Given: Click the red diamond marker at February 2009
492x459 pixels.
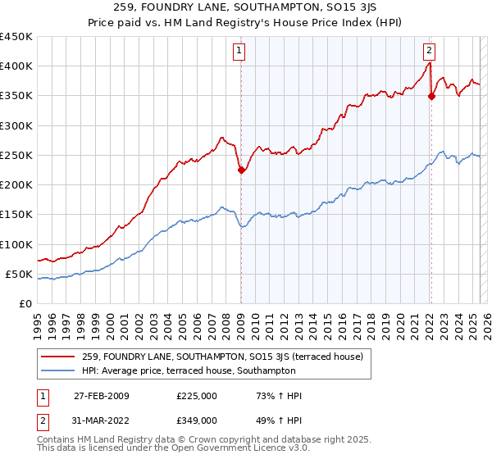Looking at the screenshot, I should click(241, 170).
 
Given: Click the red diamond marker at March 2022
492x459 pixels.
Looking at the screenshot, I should click(431, 97).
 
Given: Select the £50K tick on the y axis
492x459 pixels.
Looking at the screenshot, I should click(19, 274).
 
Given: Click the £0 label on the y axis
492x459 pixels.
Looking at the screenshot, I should click(25, 303).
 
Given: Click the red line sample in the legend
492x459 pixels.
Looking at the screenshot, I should click(58, 357).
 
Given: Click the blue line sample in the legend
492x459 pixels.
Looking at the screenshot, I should click(58, 371).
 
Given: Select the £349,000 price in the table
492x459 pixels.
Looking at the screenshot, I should click(196, 420).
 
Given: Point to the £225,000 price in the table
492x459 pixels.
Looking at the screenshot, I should click(196, 396).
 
